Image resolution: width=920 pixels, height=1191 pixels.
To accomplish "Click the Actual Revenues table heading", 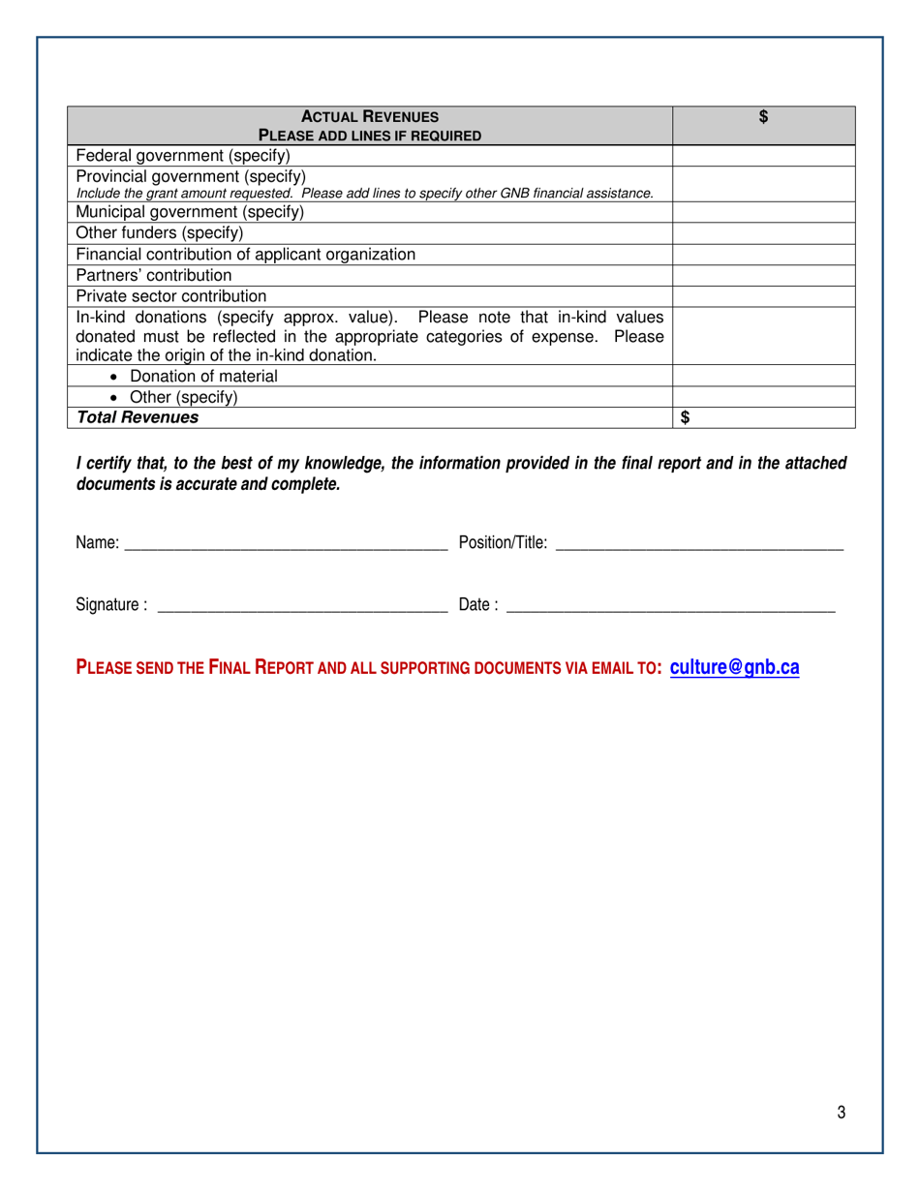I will tap(369, 117).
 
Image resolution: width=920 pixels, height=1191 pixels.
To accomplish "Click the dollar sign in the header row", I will tap(763, 117).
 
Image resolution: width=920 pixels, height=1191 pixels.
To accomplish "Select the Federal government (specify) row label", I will tap(183, 155).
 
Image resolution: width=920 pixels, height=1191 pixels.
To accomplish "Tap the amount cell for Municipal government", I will tap(763, 212).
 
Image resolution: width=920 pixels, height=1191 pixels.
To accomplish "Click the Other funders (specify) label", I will tap(160, 233).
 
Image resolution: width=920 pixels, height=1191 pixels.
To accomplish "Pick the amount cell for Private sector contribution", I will tap(763, 296).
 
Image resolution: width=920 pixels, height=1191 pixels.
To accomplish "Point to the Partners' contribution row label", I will tap(154, 275).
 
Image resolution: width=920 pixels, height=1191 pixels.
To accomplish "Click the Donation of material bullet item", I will tap(203, 376).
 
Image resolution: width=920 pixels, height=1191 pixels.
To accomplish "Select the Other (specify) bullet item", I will tap(183, 397).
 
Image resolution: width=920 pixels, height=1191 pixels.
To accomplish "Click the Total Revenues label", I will tap(138, 417).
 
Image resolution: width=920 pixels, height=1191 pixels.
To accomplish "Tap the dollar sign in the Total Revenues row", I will tap(686, 417).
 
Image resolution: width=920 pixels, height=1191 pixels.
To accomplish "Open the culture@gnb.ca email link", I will tap(734, 667).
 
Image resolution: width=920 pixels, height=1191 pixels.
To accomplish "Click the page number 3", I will tap(842, 1113).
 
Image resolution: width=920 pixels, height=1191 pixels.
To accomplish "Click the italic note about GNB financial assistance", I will tap(364, 194).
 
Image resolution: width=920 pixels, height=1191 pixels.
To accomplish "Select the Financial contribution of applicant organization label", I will tap(245, 255).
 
